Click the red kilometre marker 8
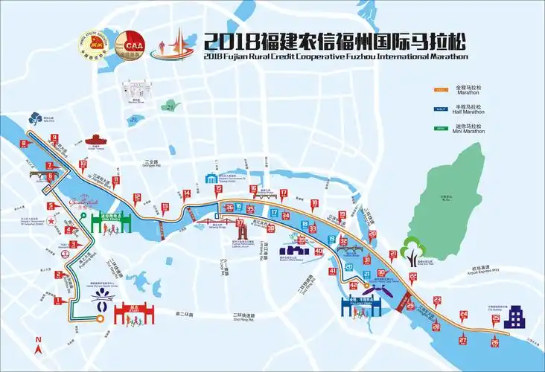[x=24, y=144]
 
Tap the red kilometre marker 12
[x=136, y=198]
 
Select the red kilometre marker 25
[x=495, y=318]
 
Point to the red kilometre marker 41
[x=332, y=272]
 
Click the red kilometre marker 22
[x=412, y=277]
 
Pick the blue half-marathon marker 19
[x=332, y=239]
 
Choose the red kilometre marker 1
[x=57, y=301]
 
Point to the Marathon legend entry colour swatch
[x=442, y=90]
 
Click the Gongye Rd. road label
[x=153, y=164]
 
